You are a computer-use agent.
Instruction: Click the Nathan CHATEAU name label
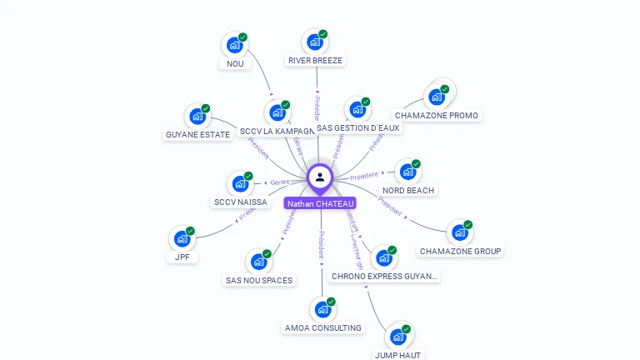pos(320,203)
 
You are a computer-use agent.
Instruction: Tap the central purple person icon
pos(320,177)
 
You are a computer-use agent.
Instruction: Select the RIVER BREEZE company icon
pos(315,42)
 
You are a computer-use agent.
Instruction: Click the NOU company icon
pos(235,45)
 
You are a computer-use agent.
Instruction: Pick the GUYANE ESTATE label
pos(197,134)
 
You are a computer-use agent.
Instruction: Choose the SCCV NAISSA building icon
pos(241,184)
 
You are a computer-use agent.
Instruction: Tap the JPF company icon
pos(182,239)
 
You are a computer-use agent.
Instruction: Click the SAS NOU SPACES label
pos(259,280)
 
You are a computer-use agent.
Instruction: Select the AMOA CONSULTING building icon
pos(323,310)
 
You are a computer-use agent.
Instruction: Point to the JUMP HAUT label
pos(397,355)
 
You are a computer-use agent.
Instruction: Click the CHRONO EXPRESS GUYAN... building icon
pos(384,258)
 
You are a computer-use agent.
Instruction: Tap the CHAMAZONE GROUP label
pos(461,251)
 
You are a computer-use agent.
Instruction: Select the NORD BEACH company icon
pos(408,172)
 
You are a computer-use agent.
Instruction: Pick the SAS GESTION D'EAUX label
pos(358,128)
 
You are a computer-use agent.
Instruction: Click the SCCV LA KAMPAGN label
pos(277,132)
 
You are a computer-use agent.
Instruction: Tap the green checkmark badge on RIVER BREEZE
pos(323,34)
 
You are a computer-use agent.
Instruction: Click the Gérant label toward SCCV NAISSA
pos(279,182)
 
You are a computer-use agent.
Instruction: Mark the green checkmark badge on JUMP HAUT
pos(406,329)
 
